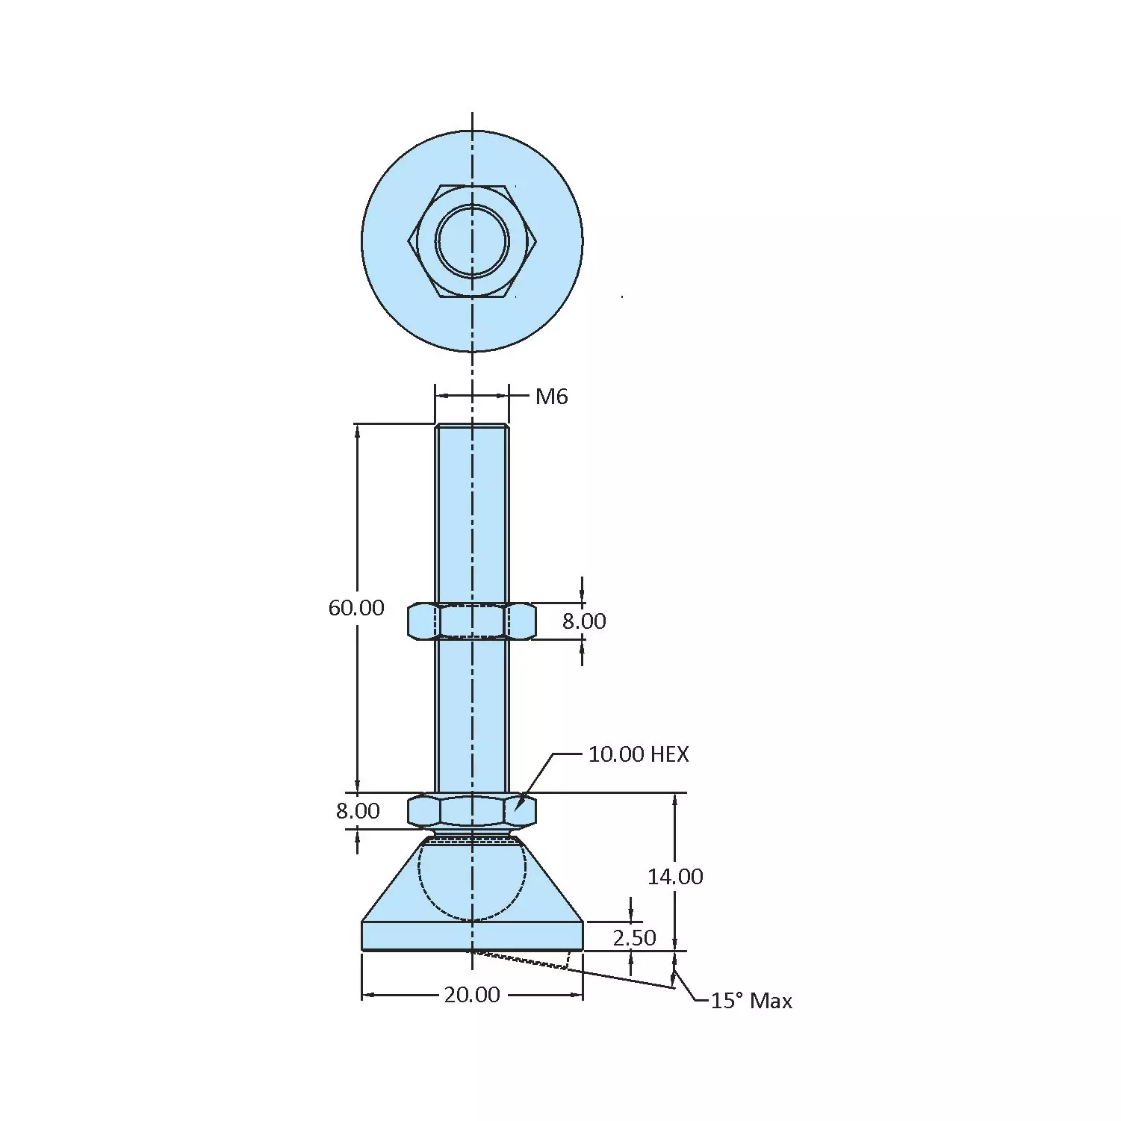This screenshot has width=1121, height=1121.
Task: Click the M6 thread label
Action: coord(551,397)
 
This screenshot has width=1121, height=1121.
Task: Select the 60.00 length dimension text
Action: coord(356,608)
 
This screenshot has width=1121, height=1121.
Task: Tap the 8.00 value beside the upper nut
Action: coord(584,621)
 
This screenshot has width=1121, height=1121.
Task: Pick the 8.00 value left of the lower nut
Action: coord(358,811)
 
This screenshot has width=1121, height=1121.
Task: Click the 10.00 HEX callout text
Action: coord(638,754)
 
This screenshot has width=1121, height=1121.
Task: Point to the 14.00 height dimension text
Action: coord(675,877)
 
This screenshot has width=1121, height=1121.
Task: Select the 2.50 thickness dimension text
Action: coord(634,938)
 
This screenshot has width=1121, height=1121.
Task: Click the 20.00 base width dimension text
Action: coord(472,996)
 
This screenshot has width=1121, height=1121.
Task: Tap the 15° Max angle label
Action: coord(751,1002)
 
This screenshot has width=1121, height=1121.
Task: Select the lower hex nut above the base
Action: coord(471,811)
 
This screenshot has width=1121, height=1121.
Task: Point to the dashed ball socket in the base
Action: coord(471,881)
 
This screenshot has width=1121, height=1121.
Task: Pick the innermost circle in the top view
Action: coord(472,241)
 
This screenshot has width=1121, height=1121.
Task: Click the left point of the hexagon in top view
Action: coord(410,241)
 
